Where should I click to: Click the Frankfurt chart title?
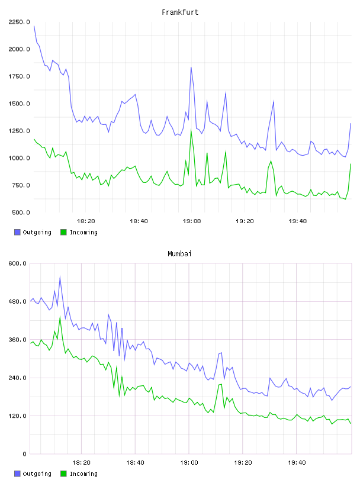click(x=180, y=12)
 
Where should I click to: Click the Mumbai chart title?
click(x=179, y=254)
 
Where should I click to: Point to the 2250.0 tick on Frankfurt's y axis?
click(x=19, y=22)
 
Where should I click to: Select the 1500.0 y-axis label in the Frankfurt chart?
click(x=19, y=104)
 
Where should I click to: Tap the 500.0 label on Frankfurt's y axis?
click(x=21, y=212)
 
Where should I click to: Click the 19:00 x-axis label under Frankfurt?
click(x=192, y=221)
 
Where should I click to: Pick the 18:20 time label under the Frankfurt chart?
click(x=86, y=221)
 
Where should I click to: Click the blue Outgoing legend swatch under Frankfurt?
click(x=17, y=232)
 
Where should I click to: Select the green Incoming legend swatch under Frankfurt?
click(x=63, y=232)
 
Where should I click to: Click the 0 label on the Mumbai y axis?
click(x=25, y=454)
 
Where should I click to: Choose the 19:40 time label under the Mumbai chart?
click(x=297, y=463)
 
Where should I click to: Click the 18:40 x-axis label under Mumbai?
click(x=136, y=463)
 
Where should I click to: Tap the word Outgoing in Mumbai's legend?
click(x=37, y=474)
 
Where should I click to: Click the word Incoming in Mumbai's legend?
click(x=83, y=474)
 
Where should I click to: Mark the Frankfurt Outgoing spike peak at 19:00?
click(x=191, y=67)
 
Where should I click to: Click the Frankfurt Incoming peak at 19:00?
click(x=191, y=130)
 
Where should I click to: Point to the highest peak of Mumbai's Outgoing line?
click(x=60, y=276)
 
